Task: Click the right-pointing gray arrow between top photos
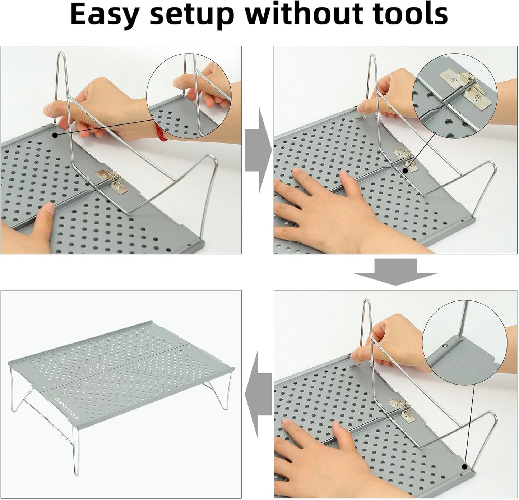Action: (x=258, y=150)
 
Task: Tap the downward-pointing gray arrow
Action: (x=395, y=272)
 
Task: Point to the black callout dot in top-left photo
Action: (x=55, y=135)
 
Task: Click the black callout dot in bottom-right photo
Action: (x=465, y=466)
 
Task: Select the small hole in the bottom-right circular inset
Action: (x=445, y=346)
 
